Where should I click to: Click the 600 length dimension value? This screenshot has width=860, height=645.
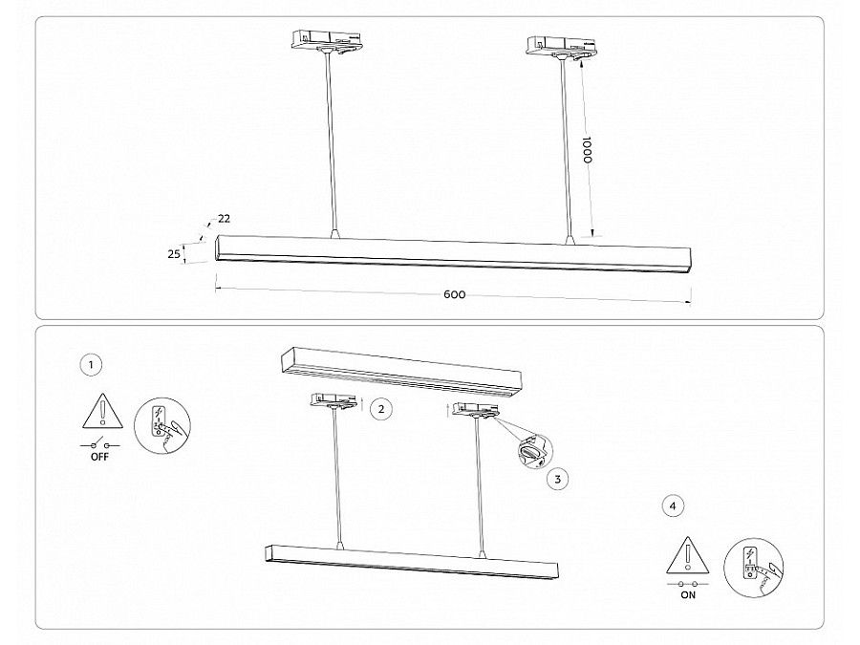click(x=454, y=294)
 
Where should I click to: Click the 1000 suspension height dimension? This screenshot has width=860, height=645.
click(x=587, y=150)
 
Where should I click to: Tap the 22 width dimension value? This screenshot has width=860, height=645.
click(x=224, y=218)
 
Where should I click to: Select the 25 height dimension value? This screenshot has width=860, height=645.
click(x=174, y=254)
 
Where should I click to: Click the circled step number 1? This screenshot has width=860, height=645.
click(x=91, y=365)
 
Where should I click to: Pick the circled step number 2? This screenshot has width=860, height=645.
click(x=381, y=409)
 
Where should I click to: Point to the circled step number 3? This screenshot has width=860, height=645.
click(x=558, y=479)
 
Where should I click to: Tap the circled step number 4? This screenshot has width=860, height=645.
click(x=673, y=505)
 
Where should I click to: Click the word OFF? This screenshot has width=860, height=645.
click(x=99, y=457)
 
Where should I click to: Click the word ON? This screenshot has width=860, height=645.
click(x=688, y=595)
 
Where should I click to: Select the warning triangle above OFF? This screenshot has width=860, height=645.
click(x=102, y=411)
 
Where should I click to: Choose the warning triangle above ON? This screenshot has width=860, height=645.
click(x=688, y=554)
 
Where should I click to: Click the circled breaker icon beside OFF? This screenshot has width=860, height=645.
click(x=162, y=426)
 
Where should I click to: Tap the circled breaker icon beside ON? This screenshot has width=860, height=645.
click(x=753, y=567)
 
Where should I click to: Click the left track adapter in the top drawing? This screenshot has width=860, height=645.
click(x=326, y=41)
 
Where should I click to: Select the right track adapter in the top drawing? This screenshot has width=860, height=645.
click(x=561, y=46)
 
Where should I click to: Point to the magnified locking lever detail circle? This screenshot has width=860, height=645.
click(x=535, y=451)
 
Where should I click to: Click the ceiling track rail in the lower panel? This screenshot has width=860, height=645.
click(x=401, y=372)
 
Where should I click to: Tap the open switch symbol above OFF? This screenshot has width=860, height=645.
click(x=99, y=443)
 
